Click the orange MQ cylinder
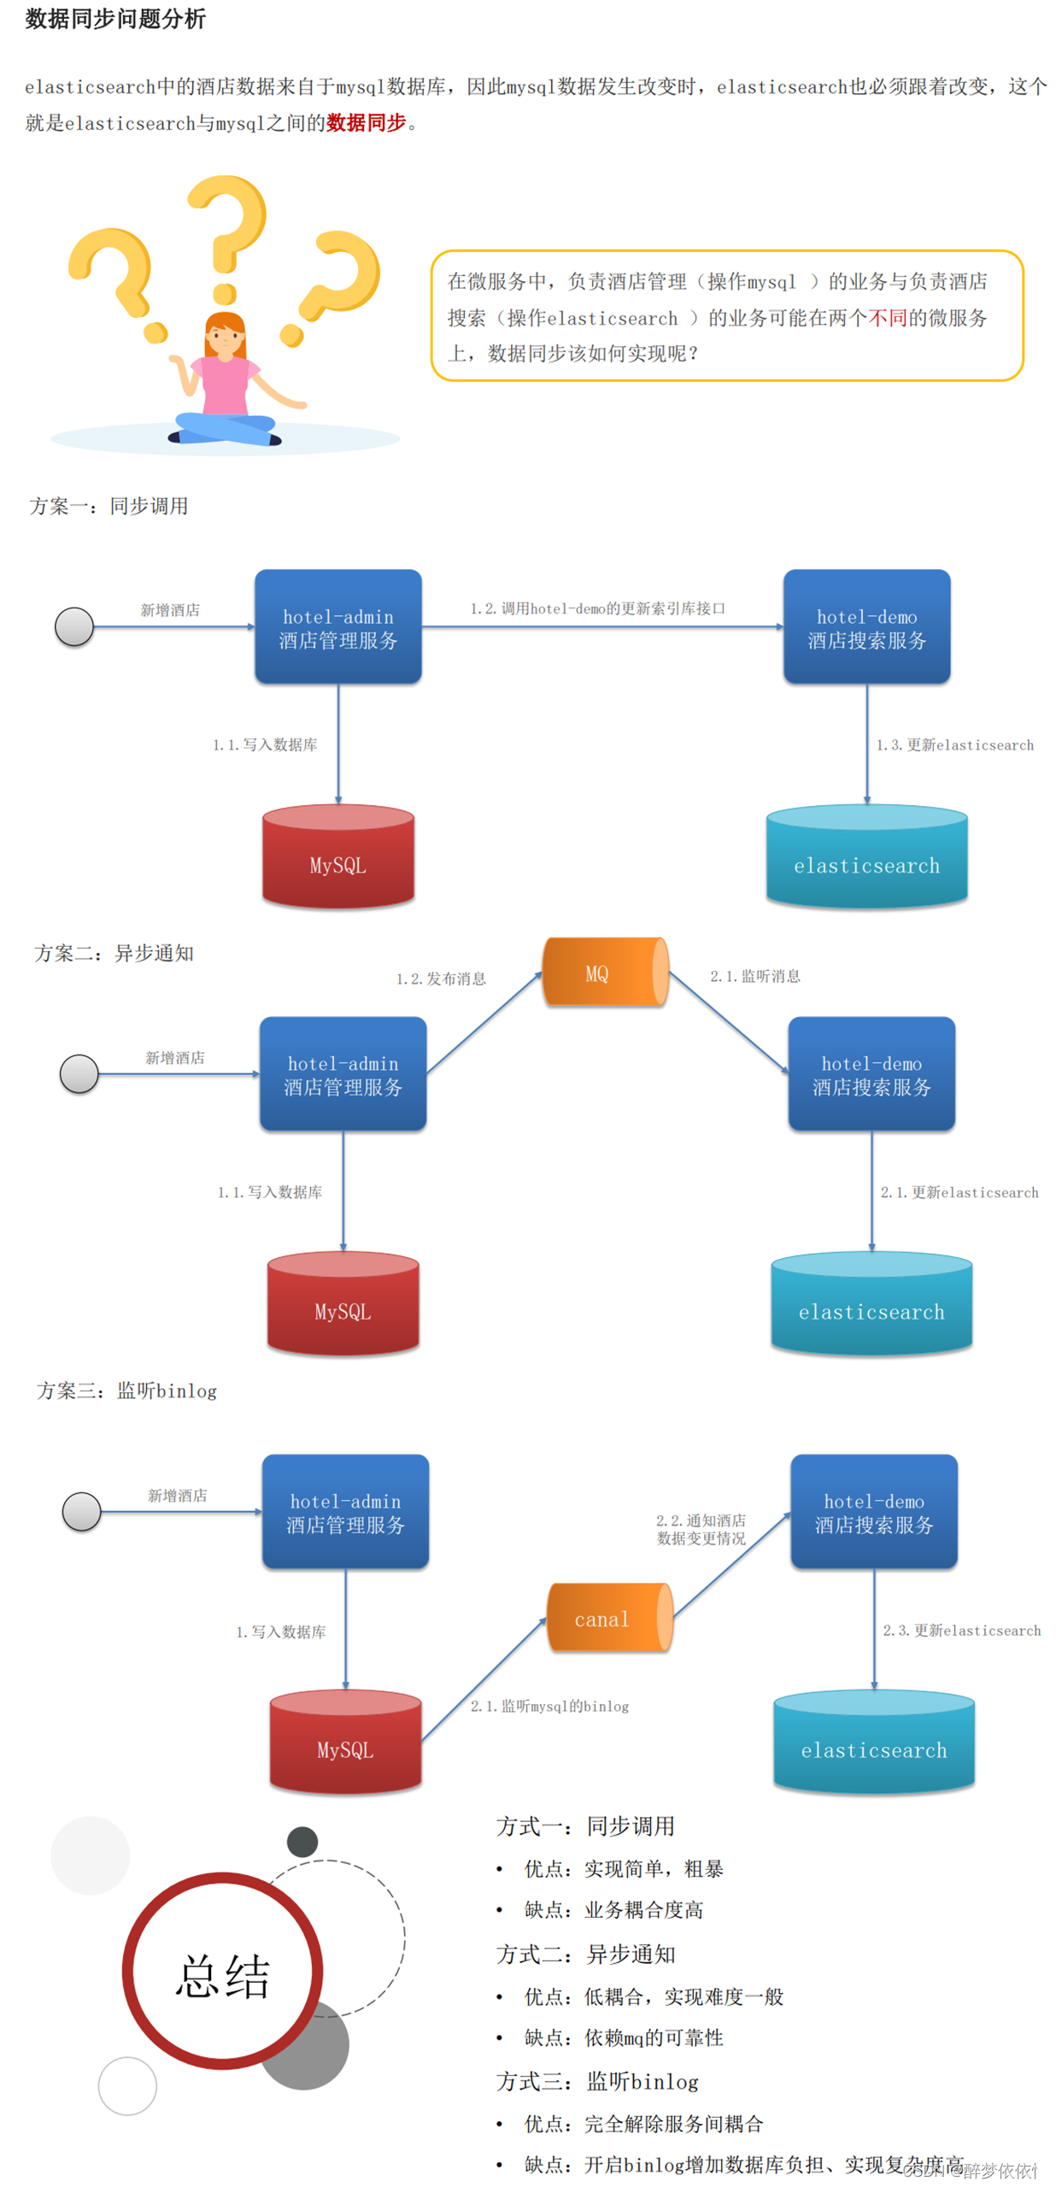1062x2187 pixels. click(x=605, y=973)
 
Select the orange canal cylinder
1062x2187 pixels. click(x=608, y=1618)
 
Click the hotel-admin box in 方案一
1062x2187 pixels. click(x=338, y=627)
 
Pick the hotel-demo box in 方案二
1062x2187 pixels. click(x=871, y=1074)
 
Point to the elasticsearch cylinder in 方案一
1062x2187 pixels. click(x=866, y=857)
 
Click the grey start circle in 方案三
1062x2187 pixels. click(x=82, y=1512)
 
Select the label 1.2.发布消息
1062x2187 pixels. click(x=441, y=979)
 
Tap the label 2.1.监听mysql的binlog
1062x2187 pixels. click(x=549, y=1707)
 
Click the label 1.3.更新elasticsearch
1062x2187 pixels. click(x=954, y=745)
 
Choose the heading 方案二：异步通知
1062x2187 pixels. click(x=114, y=953)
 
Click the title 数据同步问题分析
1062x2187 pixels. click(x=115, y=19)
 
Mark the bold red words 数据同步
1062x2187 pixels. click(x=366, y=123)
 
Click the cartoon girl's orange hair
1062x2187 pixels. click(x=225, y=325)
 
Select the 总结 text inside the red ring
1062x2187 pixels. click(x=223, y=1976)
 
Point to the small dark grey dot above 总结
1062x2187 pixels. click(x=302, y=1842)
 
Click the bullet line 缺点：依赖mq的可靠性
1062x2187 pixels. click(x=624, y=2037)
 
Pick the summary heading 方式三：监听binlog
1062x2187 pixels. click(x=597, y=2081)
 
